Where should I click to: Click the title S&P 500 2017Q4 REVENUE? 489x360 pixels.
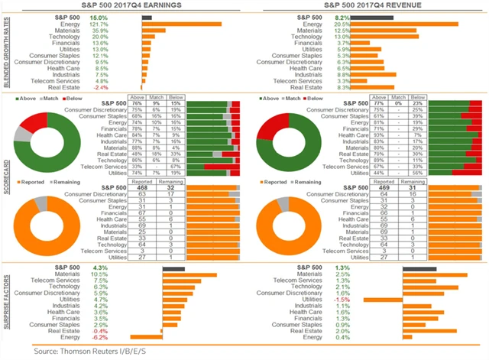tap(365, 6)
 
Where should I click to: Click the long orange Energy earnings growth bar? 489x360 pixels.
tap(182, 24)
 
